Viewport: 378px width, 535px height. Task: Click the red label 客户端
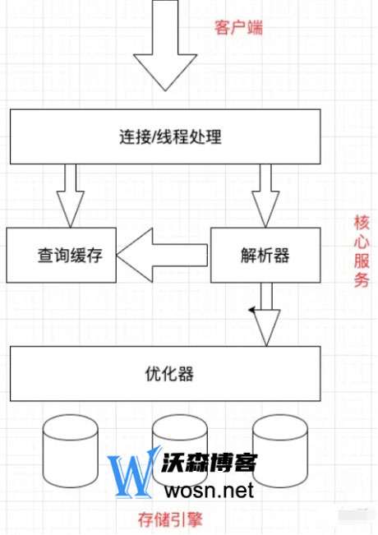(238, 27)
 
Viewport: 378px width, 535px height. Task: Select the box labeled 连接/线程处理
(165, 136)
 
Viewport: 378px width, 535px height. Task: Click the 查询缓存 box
(61, 256)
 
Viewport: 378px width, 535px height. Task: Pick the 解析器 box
(265, 256)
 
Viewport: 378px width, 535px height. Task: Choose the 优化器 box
(165, 374)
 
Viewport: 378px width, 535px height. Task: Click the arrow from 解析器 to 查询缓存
(162, 256)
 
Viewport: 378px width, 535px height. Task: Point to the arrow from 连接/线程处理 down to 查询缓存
(71, 196)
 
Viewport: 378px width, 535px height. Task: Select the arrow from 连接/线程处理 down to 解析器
(265, 196)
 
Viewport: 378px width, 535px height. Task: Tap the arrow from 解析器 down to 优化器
(266, 315)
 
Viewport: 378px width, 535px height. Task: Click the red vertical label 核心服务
(362, 251)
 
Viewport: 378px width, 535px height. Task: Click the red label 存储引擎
(170, 520)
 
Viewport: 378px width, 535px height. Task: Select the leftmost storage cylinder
(71, 450)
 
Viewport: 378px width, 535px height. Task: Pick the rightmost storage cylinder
(280, 450)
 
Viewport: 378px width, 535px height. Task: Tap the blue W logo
(134, 473)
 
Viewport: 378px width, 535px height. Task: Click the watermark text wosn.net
(209, 490)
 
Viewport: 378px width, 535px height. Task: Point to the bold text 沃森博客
(209, 463)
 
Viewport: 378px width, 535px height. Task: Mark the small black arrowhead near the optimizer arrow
(252, 310)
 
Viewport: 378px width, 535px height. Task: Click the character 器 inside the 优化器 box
(186, 374)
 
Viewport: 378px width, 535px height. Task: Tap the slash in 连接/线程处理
(153, 137)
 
